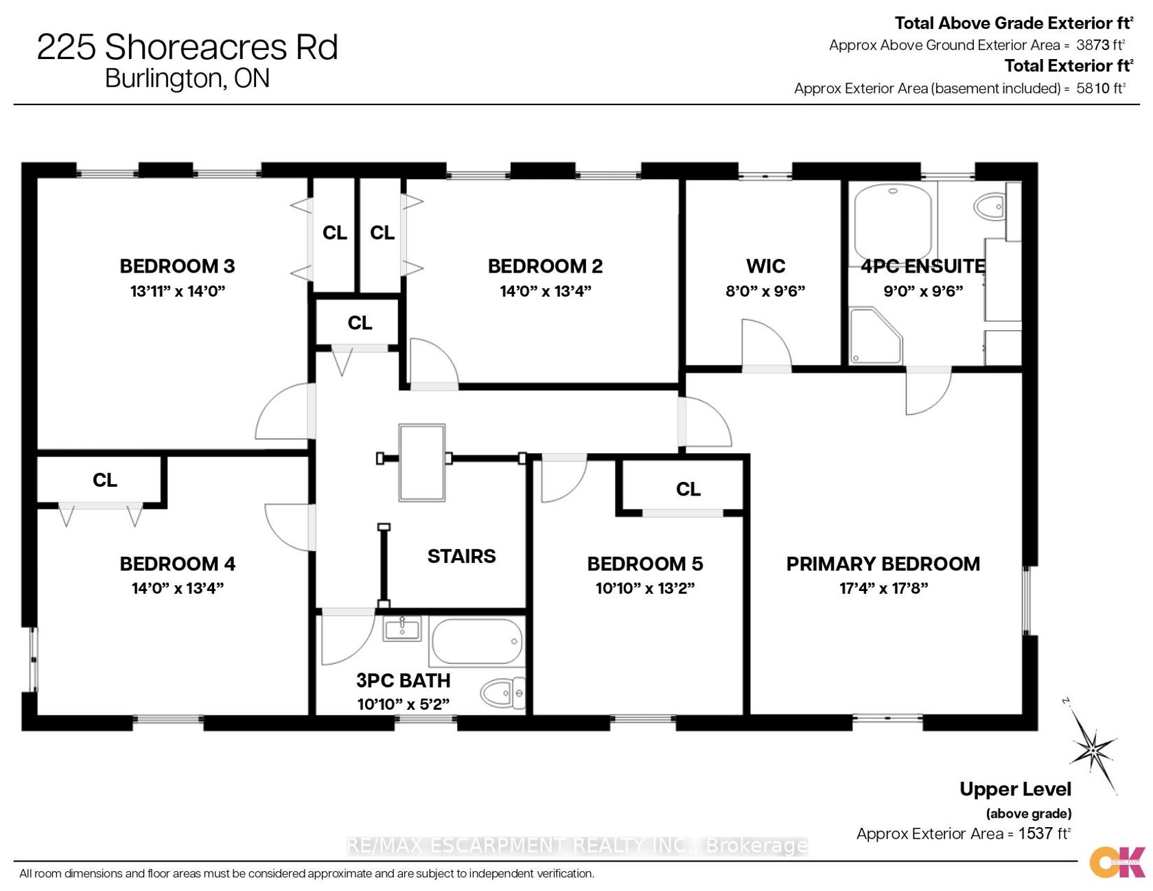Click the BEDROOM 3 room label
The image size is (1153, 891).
coord(177,266)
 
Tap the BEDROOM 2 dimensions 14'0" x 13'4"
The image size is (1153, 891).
coord(546,291)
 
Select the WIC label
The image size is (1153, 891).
coord(766,266)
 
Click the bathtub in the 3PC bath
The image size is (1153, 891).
coord(476,642)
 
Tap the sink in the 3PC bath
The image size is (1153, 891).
coord(403,629)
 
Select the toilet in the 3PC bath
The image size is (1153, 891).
coord(503,693)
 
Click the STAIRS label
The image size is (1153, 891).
coord(461,556)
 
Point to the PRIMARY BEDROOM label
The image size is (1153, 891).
coord(883,564)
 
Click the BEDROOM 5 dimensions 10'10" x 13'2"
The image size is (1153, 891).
coord(645,588)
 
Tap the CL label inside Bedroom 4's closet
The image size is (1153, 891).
coord(105,480)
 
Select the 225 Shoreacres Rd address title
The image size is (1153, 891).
coord(187,47)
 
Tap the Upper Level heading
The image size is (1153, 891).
coord(1015,789)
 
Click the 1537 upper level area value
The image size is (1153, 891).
coord(1036,834)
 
